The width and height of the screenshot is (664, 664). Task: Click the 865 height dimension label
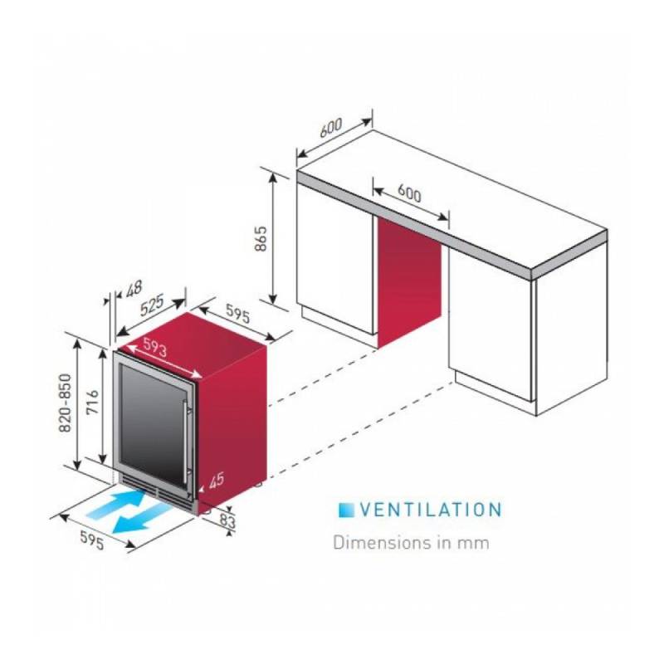click(x=261, y=239)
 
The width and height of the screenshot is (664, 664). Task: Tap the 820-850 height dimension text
click(x=65, y=403)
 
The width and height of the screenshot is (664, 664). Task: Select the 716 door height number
click(x=92, y=402)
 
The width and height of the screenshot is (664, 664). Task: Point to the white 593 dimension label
click(x=155, y=348)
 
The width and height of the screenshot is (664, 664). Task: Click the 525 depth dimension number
click(x=152, y=305)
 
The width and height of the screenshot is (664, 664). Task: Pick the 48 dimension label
click(x=134, y=288)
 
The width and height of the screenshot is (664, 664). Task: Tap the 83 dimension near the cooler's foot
click(x=227, y=520)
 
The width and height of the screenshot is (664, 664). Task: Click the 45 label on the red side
click(x=216, y=481)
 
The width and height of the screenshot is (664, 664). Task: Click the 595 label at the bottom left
click(x=92, y=540)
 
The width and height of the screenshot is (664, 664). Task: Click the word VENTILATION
click(x=431, y=510)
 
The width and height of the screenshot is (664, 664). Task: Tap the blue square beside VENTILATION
click(x=346, y=510)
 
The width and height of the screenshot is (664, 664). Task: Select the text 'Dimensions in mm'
click(x=411, y=543)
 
